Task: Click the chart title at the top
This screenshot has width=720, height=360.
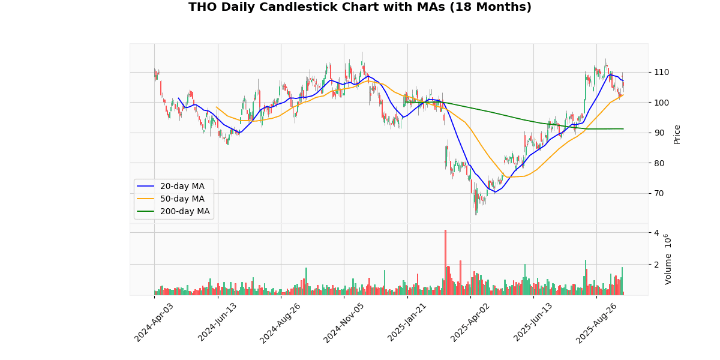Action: pos(360,7)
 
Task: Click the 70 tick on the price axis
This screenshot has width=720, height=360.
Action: pos(659,193)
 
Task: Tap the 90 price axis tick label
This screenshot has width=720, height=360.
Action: pos(659,133)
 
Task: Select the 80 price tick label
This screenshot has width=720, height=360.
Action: pos(659,163)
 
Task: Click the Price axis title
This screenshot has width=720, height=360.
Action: pos(677,134)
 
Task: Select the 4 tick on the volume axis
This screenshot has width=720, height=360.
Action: pos(656,233)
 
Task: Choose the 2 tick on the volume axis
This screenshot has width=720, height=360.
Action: pos(656,265)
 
